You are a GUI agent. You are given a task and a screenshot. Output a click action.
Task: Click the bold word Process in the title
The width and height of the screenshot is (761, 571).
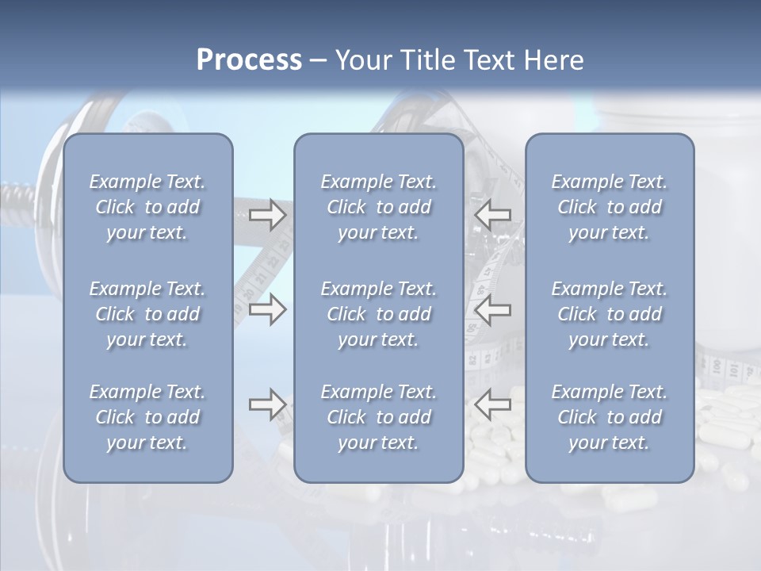point(249,60)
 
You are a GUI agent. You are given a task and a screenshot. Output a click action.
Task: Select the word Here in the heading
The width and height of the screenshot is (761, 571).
point(553,60)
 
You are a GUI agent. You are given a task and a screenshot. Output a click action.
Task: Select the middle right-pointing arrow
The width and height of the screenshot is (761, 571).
point(268,309)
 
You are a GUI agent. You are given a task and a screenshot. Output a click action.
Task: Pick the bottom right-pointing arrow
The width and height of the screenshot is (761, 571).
point(268,404)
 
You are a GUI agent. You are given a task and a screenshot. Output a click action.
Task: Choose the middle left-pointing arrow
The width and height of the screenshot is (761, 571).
point(492,309)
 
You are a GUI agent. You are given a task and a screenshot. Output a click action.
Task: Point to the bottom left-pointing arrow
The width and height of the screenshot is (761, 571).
point(492,404)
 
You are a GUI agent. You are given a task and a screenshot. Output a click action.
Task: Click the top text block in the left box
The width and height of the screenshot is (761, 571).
point(147,207)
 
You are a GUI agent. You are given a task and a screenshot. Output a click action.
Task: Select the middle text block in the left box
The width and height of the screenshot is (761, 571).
point(147,314)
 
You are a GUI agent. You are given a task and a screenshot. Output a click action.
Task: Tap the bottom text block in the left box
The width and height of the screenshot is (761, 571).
point(147,417)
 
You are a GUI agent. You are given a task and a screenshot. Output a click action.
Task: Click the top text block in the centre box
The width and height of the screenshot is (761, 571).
point(378,207)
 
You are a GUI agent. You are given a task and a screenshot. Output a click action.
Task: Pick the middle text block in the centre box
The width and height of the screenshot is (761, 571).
point(378,314)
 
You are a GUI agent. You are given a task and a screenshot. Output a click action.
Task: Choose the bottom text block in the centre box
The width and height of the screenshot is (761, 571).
point(378,417)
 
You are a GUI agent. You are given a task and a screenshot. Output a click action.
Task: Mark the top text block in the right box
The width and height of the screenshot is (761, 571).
point(609,207)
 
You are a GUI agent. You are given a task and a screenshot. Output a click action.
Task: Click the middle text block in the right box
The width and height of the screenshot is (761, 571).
point(609,314)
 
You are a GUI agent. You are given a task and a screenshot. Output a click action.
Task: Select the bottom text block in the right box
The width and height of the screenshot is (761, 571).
point(609,417)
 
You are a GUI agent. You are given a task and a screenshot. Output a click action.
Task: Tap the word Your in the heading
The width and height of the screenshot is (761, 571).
point(362,60)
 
